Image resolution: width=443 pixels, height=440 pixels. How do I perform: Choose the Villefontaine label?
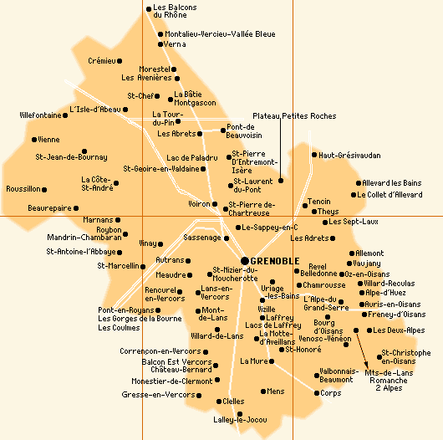click(x=39, y=115)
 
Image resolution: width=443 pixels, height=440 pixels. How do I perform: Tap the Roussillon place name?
click(x=23, y=189)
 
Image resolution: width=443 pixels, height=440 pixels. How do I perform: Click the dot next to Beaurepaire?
click(x=77, y=207)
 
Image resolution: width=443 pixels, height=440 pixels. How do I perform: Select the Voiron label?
click(x=198, y=203)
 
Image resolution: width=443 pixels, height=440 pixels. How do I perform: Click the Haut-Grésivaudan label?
click(x=349, y=155)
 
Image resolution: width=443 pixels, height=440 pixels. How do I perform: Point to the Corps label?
click(x=331, y=392)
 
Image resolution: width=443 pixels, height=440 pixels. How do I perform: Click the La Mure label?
click(x=252, y=361)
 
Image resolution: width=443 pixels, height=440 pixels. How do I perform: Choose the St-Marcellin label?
click(x=118, y=266)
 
